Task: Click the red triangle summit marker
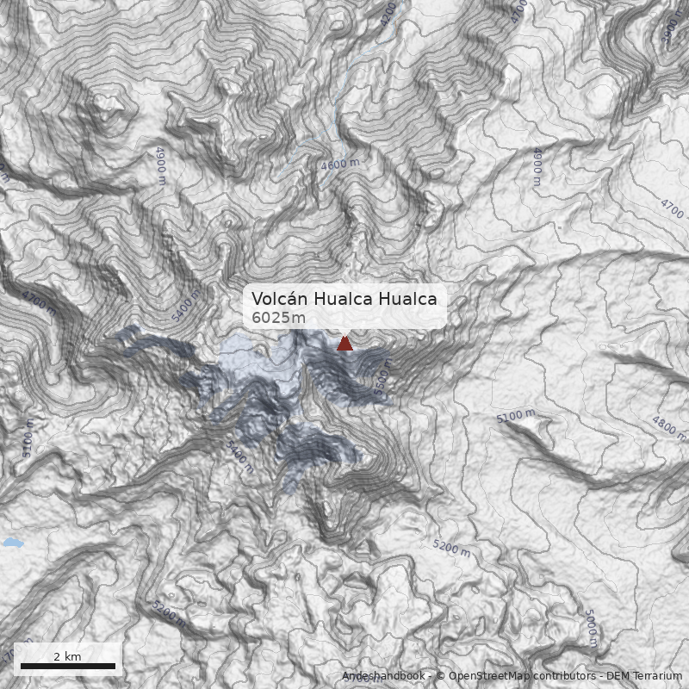click(x=344, y=344)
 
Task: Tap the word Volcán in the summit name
click(x=279, y=299)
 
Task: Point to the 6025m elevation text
click(x=278, y=318)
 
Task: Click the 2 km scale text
click(x=67, y=656)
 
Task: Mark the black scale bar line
click(x=67, y=666)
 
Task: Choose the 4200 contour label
click(x=389, y=12)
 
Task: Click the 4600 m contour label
click(x=340, y=163)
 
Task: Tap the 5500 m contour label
click(x=384, y=379)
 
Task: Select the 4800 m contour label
click(x=668, y=428)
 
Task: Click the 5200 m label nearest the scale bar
click(x=168, y=613)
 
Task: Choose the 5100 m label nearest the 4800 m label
click(x=516, y=416)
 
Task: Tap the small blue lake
click(x=11, y=543)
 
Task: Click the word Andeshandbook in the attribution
click(x=384, y=676)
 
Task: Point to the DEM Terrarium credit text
click(x=644, y=676)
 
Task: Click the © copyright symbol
click(x=440, y=676)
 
